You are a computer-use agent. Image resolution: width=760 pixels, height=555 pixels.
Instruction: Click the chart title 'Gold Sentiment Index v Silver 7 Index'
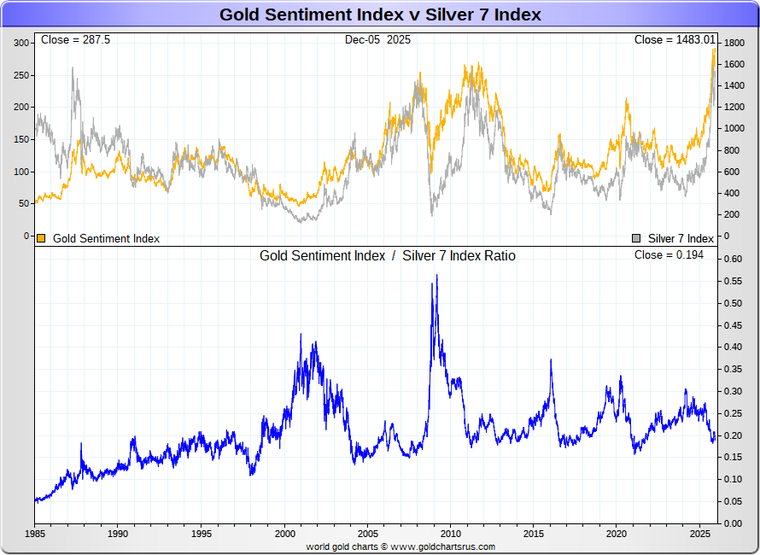pyautogui.click(x=380, y=15)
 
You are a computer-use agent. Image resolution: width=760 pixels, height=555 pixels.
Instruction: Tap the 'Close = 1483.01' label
pyautogui.click(x=674, y=40)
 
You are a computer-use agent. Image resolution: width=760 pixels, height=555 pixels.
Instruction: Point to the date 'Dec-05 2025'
pyautogui.click(x=377, y=40)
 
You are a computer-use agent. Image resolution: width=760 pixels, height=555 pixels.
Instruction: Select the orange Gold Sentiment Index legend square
pyautogui.click(x=41, y=238)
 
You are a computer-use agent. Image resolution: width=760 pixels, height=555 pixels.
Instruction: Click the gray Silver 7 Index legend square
pyautogui.click(x=636, y=238)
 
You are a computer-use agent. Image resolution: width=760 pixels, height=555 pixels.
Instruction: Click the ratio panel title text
pyautogui.click(x=388, y=255)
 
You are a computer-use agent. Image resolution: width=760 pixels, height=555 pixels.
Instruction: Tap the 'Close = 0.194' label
pyautogui.click(x=669, y=255)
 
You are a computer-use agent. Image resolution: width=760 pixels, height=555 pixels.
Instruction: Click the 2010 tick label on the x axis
pyautogui.click(x=450, y=534)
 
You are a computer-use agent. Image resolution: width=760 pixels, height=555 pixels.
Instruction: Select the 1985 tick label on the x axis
pyautogui.click(x=35, y=534)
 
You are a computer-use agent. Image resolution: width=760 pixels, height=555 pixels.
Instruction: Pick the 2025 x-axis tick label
pyautogui.click(x=699, y=534)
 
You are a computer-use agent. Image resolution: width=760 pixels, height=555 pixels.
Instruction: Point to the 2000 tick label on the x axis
pyautogui.click(x=284, y=534)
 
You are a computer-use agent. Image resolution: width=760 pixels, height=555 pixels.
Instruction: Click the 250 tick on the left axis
pyautogui.click(x=21, y=75)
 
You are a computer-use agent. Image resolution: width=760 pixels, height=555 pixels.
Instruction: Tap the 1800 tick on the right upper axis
pyautogui.click(x=735, y=42)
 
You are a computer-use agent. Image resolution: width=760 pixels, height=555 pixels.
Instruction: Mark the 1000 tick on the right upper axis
pyautogui.click(x=735, y=128)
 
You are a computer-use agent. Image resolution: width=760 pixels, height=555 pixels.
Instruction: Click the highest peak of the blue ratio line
pyautogui.click(x=436, y=276)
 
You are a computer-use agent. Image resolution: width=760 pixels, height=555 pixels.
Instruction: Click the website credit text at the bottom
pyautogui.click(x=400, y=546)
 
